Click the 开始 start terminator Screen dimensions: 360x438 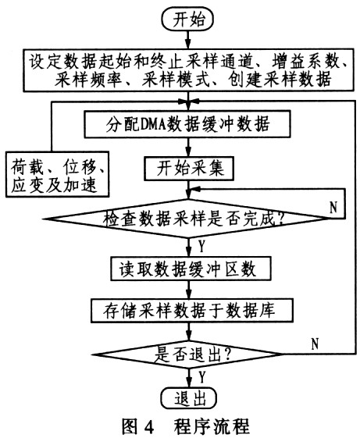(187, 20)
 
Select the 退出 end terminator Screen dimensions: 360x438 (189, 398)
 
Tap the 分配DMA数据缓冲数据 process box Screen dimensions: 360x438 (187, 123)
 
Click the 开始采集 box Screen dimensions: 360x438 (189, 169)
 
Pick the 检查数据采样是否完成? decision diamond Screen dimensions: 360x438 (187, 219)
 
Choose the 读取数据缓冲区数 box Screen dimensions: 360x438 (191, 269)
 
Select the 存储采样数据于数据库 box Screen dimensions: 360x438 (192, 310)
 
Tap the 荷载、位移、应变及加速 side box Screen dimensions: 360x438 (57, 175)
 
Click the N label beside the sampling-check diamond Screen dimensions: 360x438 (333, 207)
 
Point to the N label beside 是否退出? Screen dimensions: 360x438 (315, 344)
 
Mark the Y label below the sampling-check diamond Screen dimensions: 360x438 (201, 247)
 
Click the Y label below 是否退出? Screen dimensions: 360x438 (201, 377)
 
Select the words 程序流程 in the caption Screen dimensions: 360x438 (212, 426)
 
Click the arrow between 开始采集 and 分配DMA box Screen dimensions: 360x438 (189, 148)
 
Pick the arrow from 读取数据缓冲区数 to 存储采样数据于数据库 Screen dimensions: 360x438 (190, 290)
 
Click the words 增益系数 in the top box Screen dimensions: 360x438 (305, 62)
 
